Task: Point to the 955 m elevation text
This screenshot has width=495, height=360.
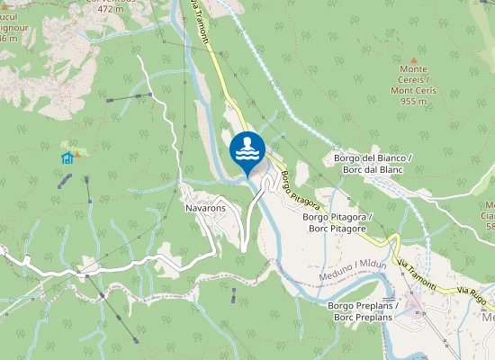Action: click(413, 102)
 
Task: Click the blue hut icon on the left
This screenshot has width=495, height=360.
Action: click(67, 157)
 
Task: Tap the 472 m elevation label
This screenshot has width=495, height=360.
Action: click(110, 9)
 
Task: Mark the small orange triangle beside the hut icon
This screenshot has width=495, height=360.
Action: click(78, 153)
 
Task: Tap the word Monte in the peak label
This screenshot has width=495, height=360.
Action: click(413, 69)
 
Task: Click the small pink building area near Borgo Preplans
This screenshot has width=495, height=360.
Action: click(416, 301)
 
